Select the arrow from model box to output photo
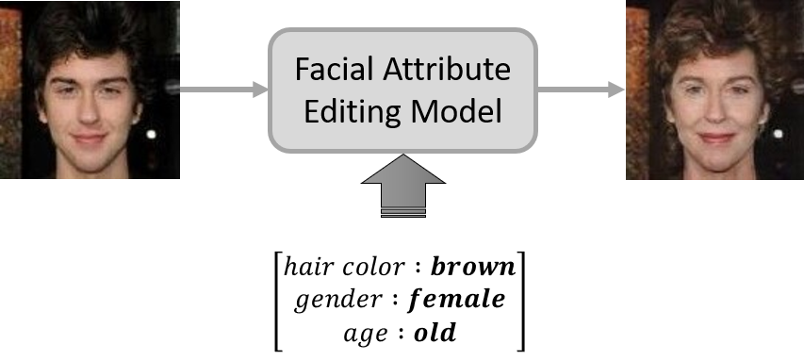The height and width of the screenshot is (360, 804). coord(581,90)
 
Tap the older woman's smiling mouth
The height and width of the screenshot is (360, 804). coord(714,138)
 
